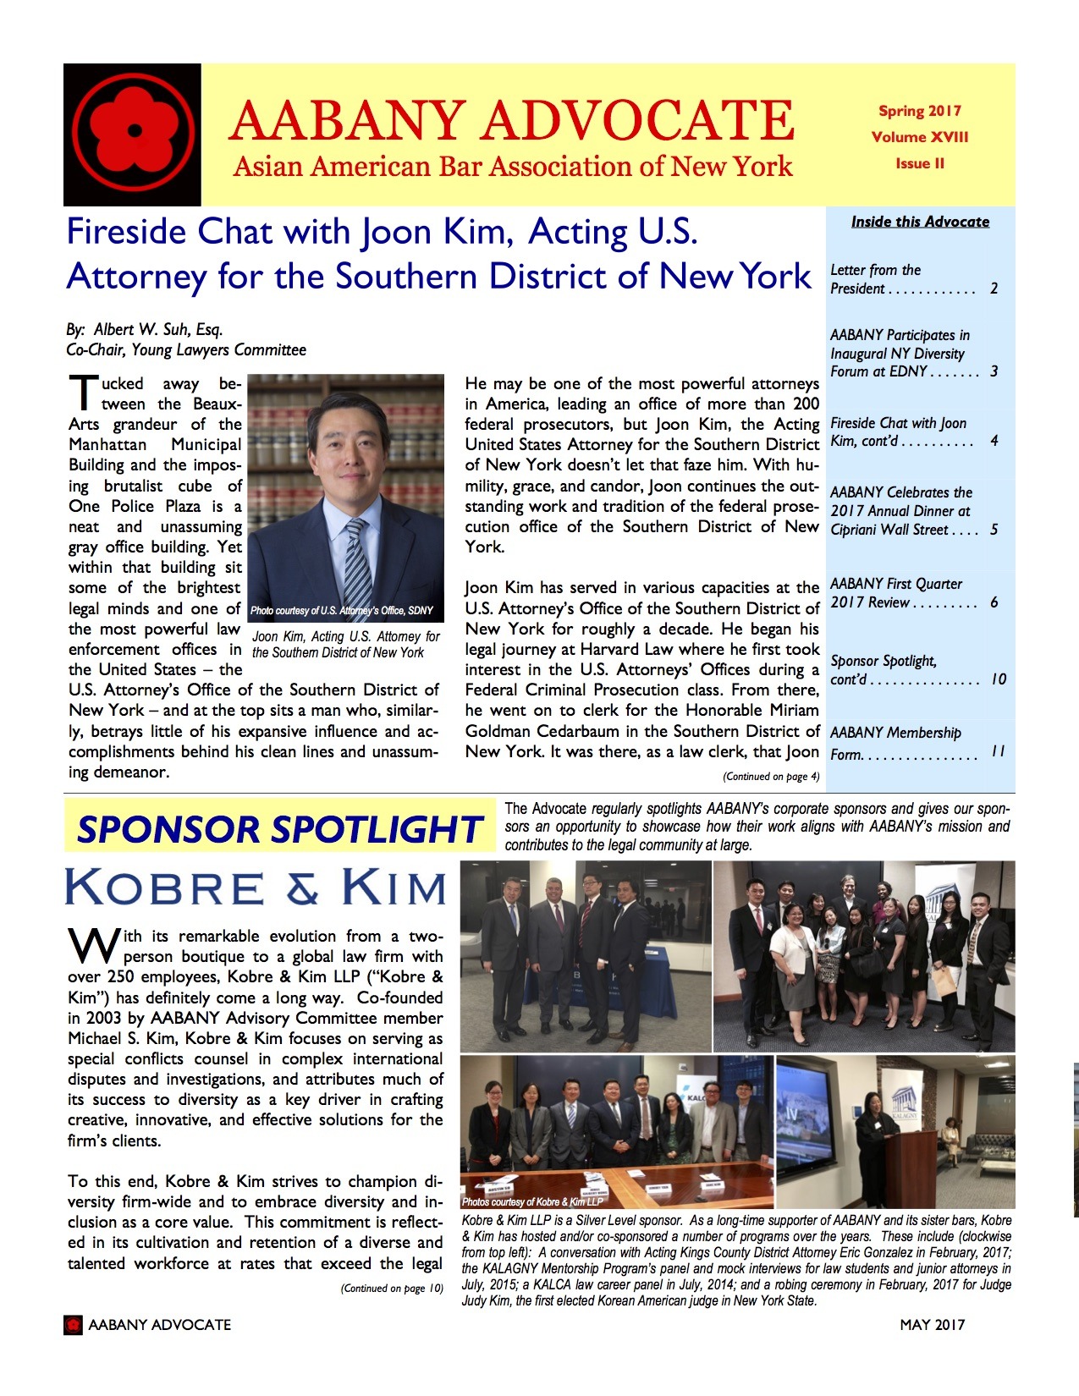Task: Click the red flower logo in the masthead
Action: tap(132, 133)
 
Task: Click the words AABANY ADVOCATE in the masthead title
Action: tap(510, 120)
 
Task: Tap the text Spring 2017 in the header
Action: tap(919, 111)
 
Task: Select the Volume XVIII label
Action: tap(919, 137)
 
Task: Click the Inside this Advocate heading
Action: tap(920, 222)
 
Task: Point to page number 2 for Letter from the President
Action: tap(994, 289)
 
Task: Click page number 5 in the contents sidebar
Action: tap(994, 530)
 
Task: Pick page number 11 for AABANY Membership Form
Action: tap(998, 751)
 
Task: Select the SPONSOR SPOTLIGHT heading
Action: tap(279, 829)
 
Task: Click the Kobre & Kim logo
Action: tap(255, 888)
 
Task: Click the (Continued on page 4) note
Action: tap(770, 776)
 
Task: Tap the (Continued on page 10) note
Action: tap(391, 1289)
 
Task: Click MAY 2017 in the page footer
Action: tap(932, 1325)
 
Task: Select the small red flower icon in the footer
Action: tap(74, 1325)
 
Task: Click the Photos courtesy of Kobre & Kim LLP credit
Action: tap(532, 1201)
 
